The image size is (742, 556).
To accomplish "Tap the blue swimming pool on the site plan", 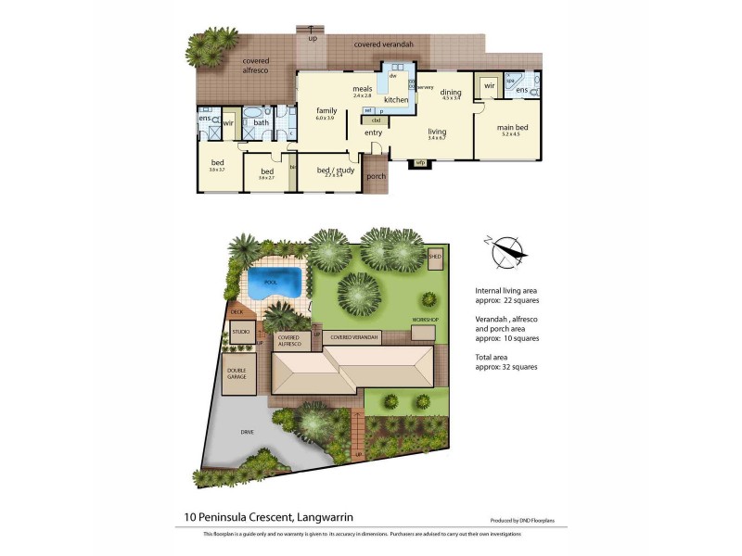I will pyautogui.click(x=277, y=283).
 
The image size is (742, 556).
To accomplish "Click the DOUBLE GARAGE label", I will pyautogui.click(x=237, y=374).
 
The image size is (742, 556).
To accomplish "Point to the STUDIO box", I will pyautogui.click(x=241, y=331).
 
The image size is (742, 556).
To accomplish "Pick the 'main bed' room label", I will pyautogui.click(x=512, y=128).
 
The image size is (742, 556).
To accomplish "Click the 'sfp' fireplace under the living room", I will pyautogui.click(x=419, y=164).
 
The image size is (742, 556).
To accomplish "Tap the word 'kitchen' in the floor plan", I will pyautogui.click(x=396, y=99).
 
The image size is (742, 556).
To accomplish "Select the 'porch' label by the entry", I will pyautogui.click(x=376, y=176).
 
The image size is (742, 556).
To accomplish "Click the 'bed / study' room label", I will pyautogui.click(x=329, y=171).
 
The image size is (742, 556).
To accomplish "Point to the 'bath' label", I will pyautogui.click(x=261, y=121).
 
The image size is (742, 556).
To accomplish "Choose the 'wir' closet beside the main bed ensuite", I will pyautogui.click(x=489, y=85).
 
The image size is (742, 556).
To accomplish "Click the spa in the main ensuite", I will pyautogui.click(x=510, y=82).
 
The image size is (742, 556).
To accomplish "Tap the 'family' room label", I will pyautogui.click(x=326, y=110).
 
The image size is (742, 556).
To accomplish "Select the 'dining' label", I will pyautogui.click(x=451, y=92).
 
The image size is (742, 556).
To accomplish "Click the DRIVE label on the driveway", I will pyautogui.click(x=247, y=431).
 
